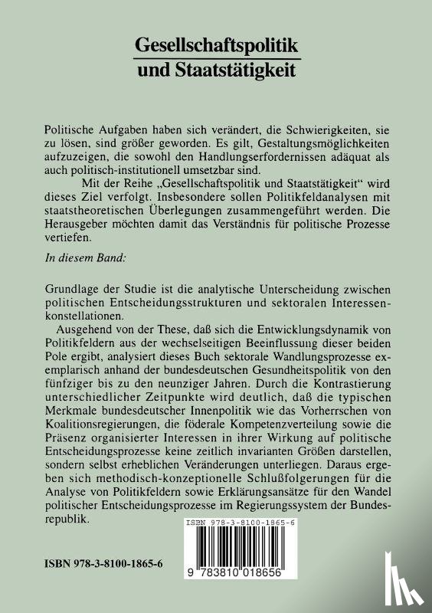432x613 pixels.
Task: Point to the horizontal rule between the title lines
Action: tap(216, 59)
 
